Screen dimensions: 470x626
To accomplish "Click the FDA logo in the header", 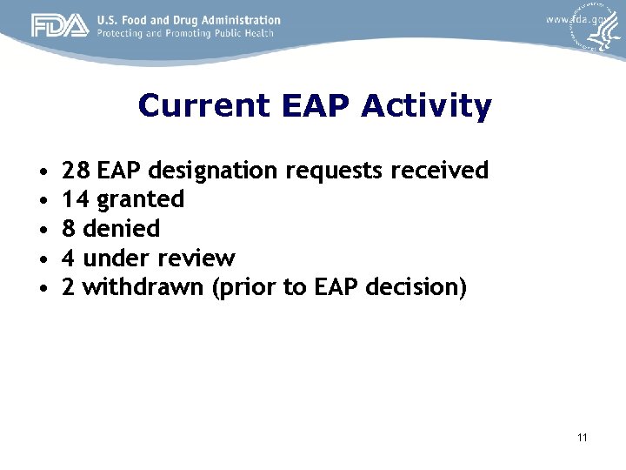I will [x=60, y=26].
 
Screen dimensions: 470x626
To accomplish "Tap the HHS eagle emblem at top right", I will [x=597, y=30].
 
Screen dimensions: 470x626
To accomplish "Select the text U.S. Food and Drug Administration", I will [x=188, y=19].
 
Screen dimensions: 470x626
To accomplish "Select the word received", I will [x=440, y=170].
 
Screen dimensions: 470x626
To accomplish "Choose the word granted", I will [x=141, y=200].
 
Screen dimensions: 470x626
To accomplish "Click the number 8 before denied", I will [x=69, y=229].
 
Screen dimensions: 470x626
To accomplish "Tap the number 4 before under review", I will [x=69, y=258].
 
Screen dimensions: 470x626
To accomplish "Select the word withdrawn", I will [x=143, y=287].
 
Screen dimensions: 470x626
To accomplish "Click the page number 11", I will [x=581, y=437].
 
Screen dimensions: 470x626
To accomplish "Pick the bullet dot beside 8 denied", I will [x=42, y=230].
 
